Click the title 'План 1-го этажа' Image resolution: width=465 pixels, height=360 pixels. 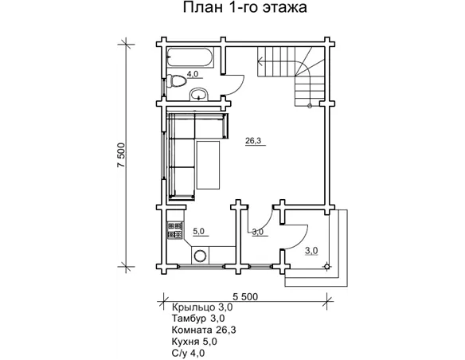click(x=232, y=10)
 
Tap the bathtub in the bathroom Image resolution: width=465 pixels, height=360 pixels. click(x=189, y=58)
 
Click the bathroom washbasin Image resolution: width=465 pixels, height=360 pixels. click(x=200, y=96)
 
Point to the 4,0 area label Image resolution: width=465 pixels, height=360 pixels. click(x=193, y=74)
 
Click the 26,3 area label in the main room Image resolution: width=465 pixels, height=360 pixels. click(x=252, y=141)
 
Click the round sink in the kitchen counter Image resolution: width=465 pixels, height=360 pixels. click(x=202, y=256)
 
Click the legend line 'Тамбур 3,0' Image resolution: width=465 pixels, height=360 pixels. click(x=198, y=318)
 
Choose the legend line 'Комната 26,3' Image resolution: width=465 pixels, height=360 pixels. click(x=205, y=329)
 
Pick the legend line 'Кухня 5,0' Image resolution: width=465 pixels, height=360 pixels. click(x=194, y=340)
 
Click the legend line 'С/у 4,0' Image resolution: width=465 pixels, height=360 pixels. click(x=188, y=351)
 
